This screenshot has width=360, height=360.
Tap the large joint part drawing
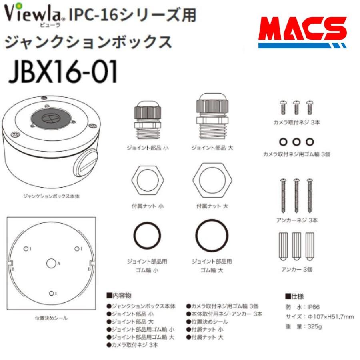click(x=212, y=116)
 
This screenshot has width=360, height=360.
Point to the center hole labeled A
click(x=51, y=263)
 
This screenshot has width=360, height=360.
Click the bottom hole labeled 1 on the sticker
click(x=51, y=294)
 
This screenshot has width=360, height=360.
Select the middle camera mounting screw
click(x=296, y=108)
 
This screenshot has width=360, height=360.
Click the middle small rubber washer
click(x=296, y=142)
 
